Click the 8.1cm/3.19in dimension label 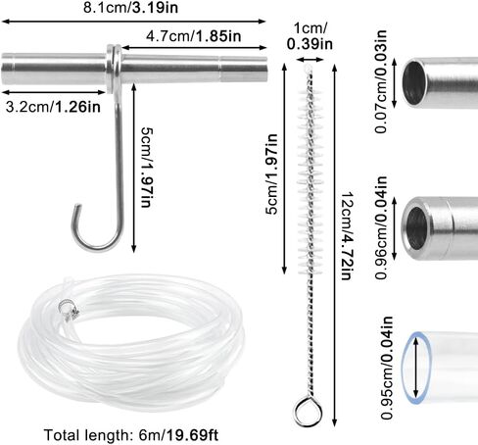click(x=130, y=8)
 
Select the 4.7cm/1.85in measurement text click(x=194, y=36)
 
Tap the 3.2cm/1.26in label click(x=53, y=107)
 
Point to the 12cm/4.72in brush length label click(x=348, y=236)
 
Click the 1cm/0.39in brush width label click(x=310, y=36)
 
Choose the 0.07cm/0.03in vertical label click(x=381, y=81)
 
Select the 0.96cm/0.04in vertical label click(x=381, y=227)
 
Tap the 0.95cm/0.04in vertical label click(x=387, y=368)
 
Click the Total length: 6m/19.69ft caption click(x=131, y=435)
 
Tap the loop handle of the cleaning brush click(x=309, y=412)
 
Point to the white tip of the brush click(x=307, y=69)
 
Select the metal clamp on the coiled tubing click(x=69, y=309)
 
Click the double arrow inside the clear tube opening click(x=415, y=368)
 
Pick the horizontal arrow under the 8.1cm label click(x=134, y=22)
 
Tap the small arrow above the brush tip click(x=310, y=60)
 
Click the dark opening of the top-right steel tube click(x=414, y=83)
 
